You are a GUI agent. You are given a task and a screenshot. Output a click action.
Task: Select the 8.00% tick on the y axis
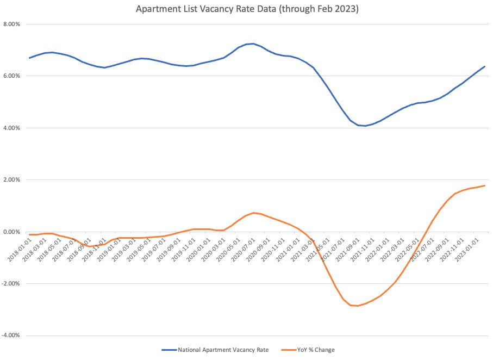(x=11, y=24)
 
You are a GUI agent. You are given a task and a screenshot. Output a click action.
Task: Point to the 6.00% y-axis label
(x=11, y=76)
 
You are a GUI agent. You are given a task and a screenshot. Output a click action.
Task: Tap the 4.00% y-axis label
(x=11, y=128)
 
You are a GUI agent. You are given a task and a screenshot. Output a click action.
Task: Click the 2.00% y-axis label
(x=11, y=180)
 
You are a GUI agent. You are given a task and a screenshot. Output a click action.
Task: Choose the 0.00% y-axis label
(x=11, y=232)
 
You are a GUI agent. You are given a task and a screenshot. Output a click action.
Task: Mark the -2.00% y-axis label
(x=10, y=283)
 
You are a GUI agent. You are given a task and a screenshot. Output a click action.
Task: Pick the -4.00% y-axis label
(x=10, y=336)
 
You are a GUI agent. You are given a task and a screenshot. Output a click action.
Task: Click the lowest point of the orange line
(x=357, y=306)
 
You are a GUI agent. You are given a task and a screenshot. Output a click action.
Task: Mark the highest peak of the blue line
(x=252, y=44)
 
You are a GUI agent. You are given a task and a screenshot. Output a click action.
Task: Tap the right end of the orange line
(x=485, y=185)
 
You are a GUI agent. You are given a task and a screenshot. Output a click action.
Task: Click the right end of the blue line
(x=485, y=66)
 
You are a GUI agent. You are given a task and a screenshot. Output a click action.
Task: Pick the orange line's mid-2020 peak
(x=254, y=213)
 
